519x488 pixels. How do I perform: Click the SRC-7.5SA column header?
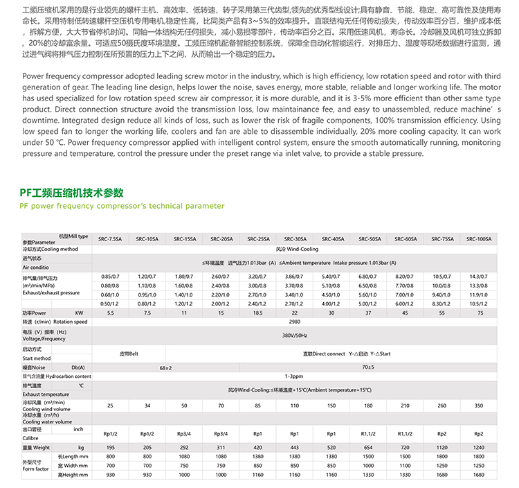click(x=110, y=238)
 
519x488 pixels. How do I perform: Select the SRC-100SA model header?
click(x=479, y=238)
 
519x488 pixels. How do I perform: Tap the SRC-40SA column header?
click(x=331, y=238)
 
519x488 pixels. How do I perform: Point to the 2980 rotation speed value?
click(x=294, y=322)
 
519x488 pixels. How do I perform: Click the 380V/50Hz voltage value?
click(x=294, y=335)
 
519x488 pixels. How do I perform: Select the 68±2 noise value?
click(x=165, y=367)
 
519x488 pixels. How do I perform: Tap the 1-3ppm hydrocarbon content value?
click(x=294, y=376)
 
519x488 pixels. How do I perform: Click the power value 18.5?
click(x=257, y=313)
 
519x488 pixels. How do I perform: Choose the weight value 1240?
click(x=479, y=448)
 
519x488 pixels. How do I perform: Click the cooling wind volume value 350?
click(x=479, y=405)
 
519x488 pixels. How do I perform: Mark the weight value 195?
click(x=110, y=448)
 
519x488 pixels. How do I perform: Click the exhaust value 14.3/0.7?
click(x=479, y=277)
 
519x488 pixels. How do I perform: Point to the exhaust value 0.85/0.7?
click(x=110, y=277)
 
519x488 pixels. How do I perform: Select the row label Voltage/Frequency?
click(x=44, y=339)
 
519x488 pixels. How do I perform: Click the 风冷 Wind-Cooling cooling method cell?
click(x=294, y=248)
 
